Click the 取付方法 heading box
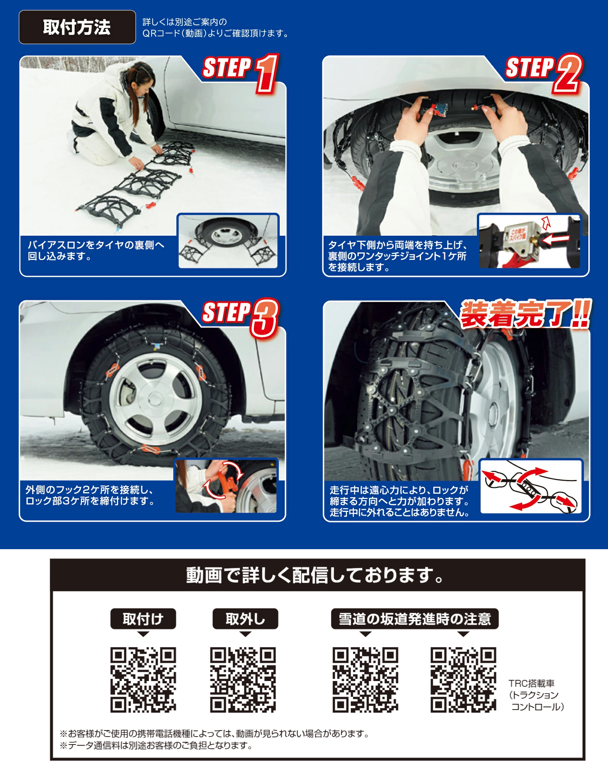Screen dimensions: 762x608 click(x=77, y=27)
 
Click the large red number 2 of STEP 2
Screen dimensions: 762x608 click(x=567, y=73)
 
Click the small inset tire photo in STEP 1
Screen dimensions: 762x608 click(x=228, y=241)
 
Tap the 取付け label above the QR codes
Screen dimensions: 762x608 click(x=143, y=619)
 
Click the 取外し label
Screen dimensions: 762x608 click(x=245, y=619)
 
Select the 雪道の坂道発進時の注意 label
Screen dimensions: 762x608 click(x=415, y=619)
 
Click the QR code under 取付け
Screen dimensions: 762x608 click(x=143, y=680)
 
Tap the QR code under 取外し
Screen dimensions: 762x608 click(x=243, y=680)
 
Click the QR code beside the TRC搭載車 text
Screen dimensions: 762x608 click(x=463, y=680)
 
